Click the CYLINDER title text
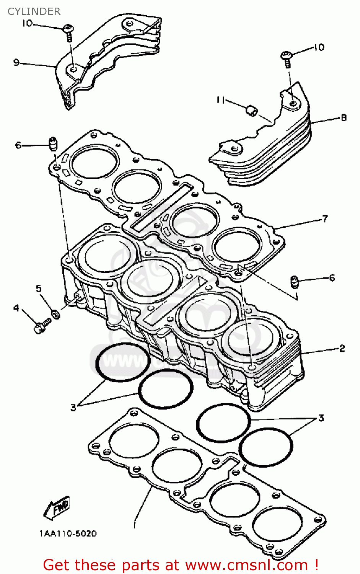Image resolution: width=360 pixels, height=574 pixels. pyautogui.click(x=34, y=11)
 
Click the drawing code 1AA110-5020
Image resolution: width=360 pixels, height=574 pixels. pyautogui.click(x=68, y=533)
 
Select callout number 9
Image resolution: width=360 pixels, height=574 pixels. pyautogui.click(x=16, y=62)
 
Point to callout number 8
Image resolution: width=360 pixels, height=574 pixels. pyautogui.click(x=343, y=117)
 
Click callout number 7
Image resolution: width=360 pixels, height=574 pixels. pyautogui.click(x=325, y=219)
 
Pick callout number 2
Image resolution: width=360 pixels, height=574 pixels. pyautogui.click(x=342, y=348)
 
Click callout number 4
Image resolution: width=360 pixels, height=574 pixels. pyautogui.click(x=16, y=308)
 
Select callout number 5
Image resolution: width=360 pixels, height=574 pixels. pyautogui.click(x=39, y=288)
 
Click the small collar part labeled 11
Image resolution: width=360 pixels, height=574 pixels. pyautogui.click(x=251, y=111)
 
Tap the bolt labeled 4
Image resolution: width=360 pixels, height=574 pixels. pyautogui.click(x=42, y=326)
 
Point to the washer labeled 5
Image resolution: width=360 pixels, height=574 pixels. pyautogui.click(x=55, y=315)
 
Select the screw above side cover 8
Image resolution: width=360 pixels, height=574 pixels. pyautogui.click(x=287, y=59)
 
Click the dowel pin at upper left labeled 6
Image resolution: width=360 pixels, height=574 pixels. pyautogui.click(x=53, y=144)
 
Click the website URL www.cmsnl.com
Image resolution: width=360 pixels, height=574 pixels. pyautogui.click(x=250, y=565)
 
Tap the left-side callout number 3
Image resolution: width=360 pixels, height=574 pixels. pyautogui.click(x=73, y=408)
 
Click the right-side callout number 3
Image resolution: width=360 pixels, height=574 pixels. pyautogui.click(x=321, y=418)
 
